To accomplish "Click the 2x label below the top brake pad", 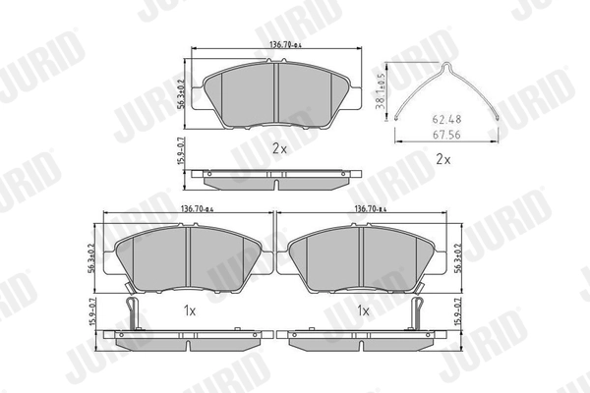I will coord(278,148).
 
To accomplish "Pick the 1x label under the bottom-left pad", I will coord(191,310).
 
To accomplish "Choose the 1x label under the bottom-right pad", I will coord(363,310).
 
